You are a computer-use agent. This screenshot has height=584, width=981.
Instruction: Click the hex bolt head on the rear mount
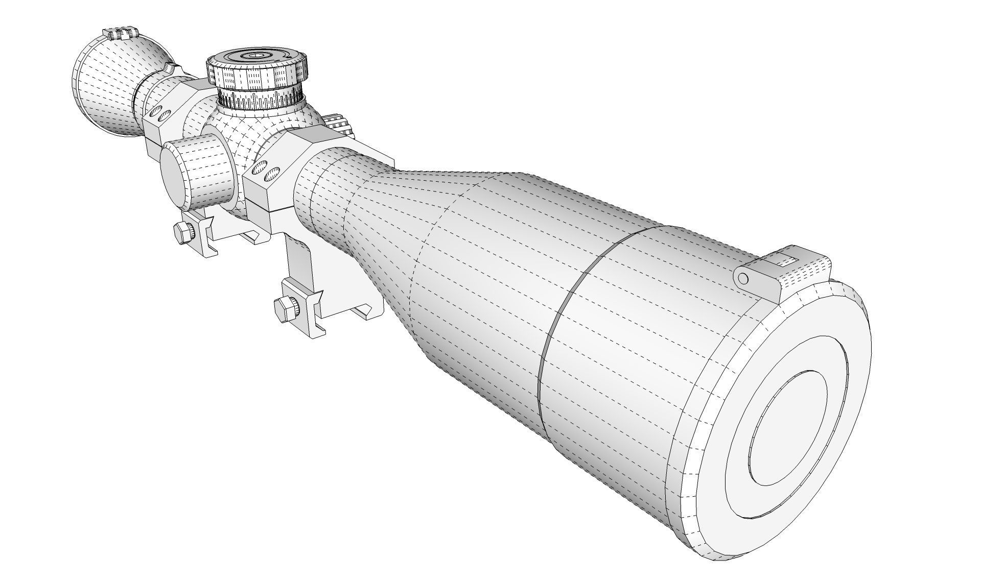point(182,233)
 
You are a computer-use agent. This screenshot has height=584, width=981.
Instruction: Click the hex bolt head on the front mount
point(283,308)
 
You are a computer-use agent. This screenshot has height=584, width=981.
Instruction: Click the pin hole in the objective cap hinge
point(743,278)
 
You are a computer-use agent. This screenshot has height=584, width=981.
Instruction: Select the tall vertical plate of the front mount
point(301,260)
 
